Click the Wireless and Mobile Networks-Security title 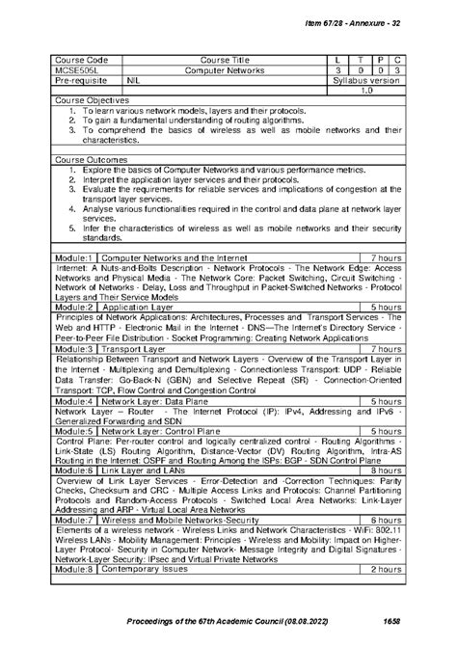coord(184,519)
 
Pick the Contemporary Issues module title coord(146,569)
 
